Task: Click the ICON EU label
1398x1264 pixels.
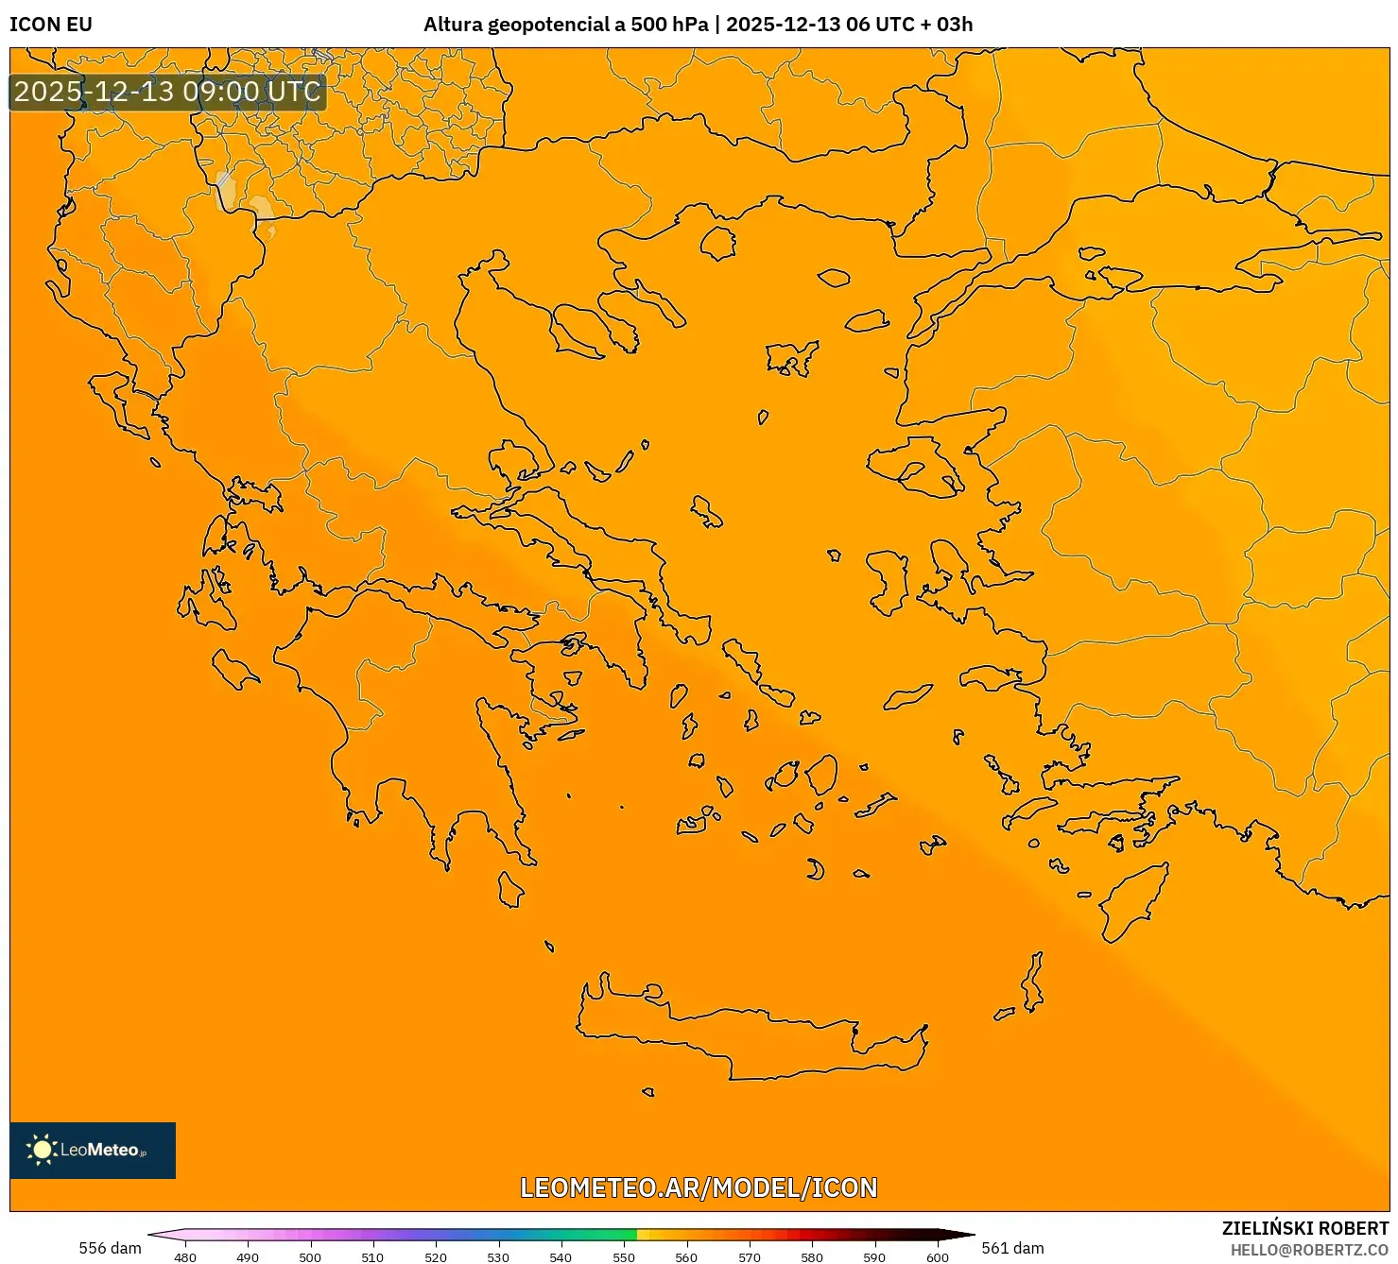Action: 51,25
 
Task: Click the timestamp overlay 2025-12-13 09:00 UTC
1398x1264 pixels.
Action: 167,92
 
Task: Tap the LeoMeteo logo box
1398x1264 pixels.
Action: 93,1150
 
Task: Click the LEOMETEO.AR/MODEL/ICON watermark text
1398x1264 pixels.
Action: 699,1187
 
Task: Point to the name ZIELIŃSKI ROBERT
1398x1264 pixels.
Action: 1304,1228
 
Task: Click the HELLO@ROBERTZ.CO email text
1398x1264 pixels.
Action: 1309,1250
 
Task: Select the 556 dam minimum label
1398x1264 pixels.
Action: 110,1248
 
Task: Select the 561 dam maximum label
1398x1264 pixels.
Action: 1012,1248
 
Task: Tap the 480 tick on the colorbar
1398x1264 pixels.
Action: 185,1257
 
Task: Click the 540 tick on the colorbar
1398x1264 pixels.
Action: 561,1257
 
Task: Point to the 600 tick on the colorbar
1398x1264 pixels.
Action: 937,1257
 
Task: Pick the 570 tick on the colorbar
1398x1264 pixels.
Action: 749,1257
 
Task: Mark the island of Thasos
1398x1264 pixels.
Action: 717,243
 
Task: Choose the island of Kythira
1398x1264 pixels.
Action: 510,889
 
